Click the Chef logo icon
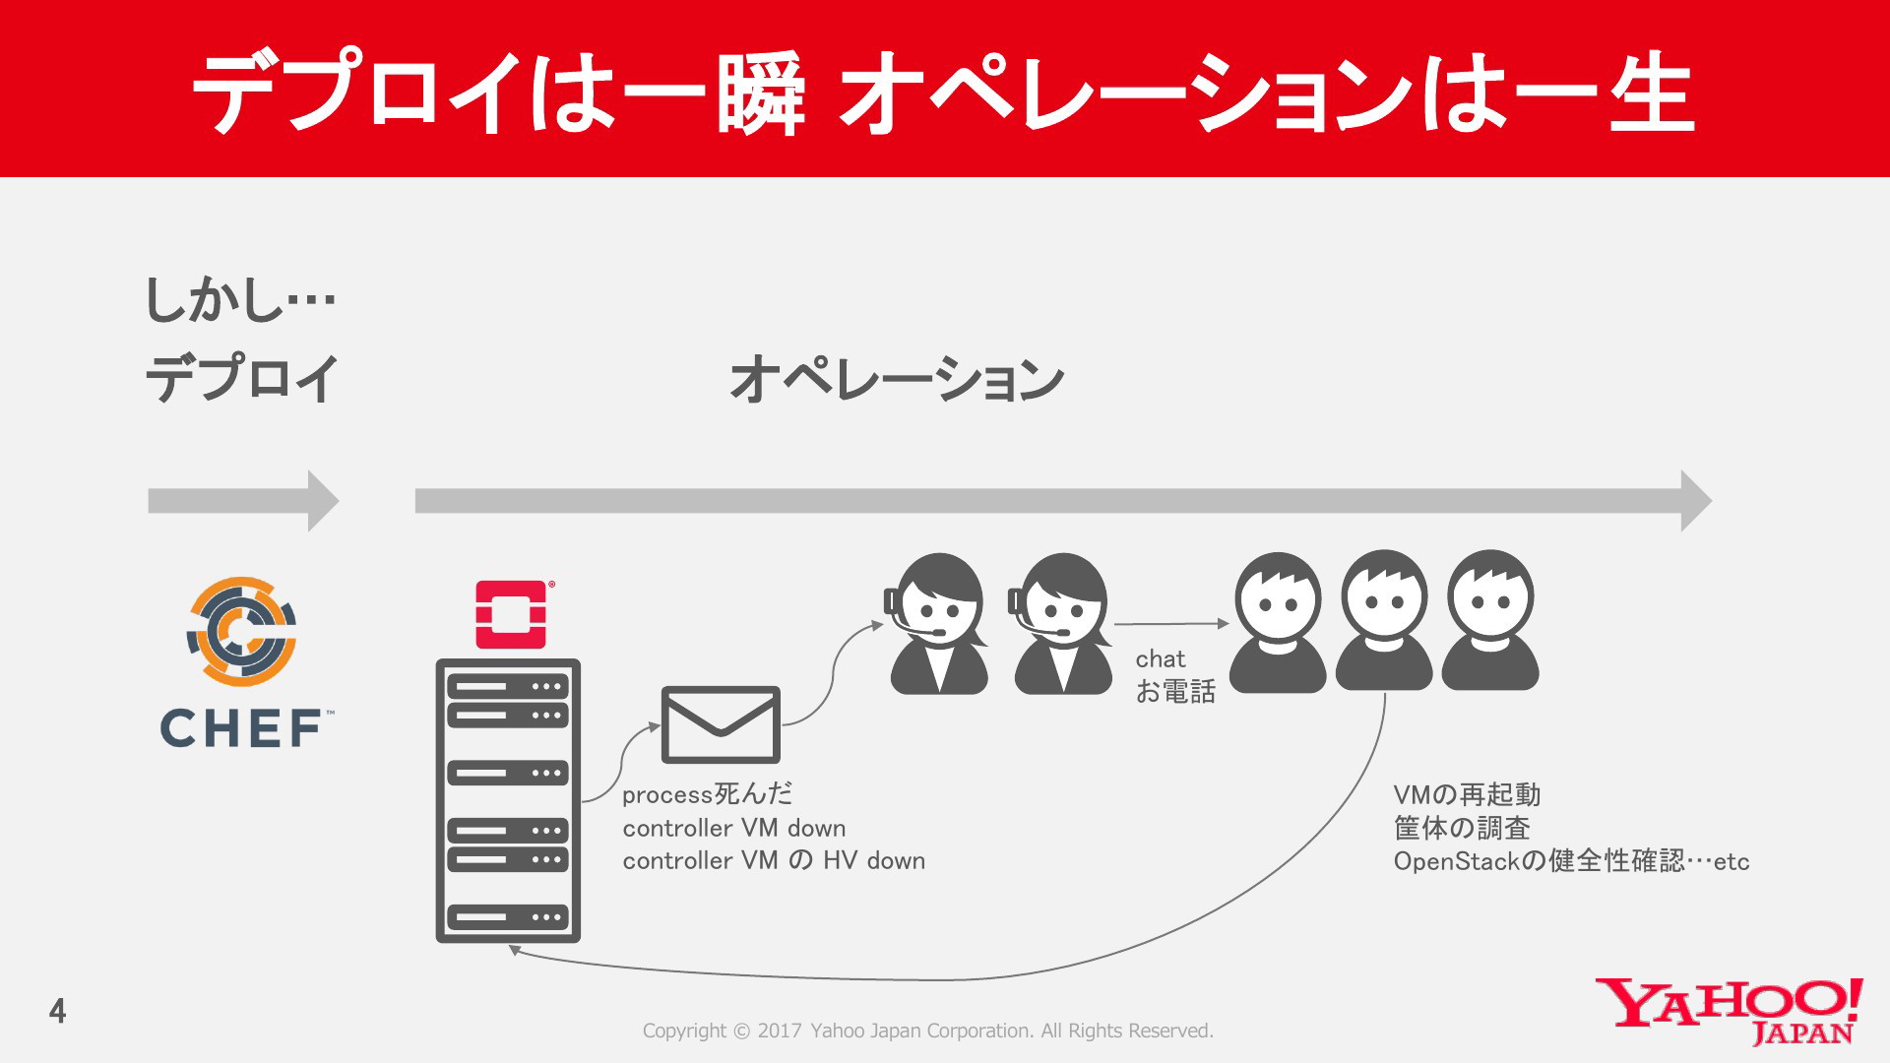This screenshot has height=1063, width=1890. (241, 631)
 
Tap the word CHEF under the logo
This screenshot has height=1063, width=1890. (242, 729)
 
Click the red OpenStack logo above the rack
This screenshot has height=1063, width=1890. (511, 614)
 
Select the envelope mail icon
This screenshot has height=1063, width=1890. (721, 725)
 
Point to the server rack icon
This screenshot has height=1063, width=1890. (508, 801)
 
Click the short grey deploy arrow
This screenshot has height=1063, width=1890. (243, 501)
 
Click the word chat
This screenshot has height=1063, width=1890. (1161, 658)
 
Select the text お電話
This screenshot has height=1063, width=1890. (1175, 692)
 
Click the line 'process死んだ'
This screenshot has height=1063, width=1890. (707, 794)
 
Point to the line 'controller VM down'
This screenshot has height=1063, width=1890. (734, 828)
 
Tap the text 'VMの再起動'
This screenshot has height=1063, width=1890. (1467, 794)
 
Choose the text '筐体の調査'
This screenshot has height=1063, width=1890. (1462, 828)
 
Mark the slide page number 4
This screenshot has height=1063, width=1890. (58, 1011)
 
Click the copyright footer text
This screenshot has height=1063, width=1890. (928, 1031)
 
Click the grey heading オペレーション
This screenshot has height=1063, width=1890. (897, 379)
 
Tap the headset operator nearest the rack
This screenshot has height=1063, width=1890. (938, 624)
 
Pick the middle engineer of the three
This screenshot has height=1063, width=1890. (1384, 620)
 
